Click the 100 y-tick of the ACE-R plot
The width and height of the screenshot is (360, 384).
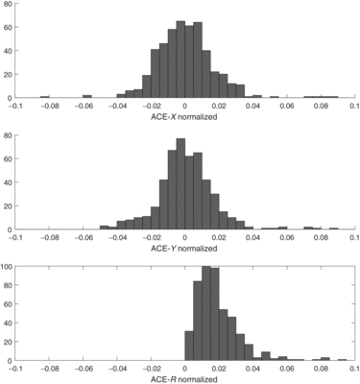[x=6, y=267]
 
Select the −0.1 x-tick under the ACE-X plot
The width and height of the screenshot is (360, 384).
[x=13, y=105]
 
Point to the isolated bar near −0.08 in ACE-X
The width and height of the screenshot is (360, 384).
[x=45, y=96]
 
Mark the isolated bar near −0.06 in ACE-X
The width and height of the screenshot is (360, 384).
[x=87, y=96]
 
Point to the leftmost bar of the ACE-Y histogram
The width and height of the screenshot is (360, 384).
[x=105, y=228]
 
